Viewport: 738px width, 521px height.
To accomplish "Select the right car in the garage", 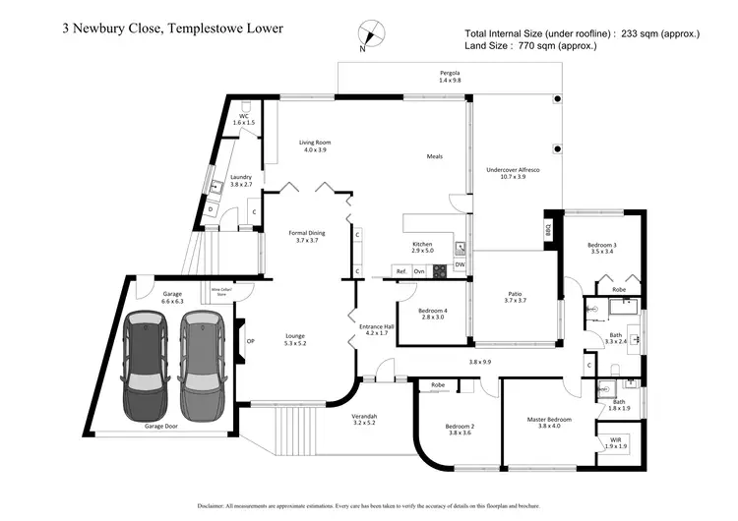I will click(x=203, y=365).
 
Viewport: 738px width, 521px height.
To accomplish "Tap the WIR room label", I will click(x=614, y=442).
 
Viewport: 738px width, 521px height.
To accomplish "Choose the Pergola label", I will click(x=450, y=77).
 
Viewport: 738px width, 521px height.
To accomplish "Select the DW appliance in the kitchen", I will click(x=460, y=263).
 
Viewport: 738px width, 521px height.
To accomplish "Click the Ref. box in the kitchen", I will click(x=401, y=270).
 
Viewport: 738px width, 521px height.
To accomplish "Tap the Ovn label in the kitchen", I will click(x=419, y=270).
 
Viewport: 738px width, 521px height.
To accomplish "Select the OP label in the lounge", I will click(x=250, y=342).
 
